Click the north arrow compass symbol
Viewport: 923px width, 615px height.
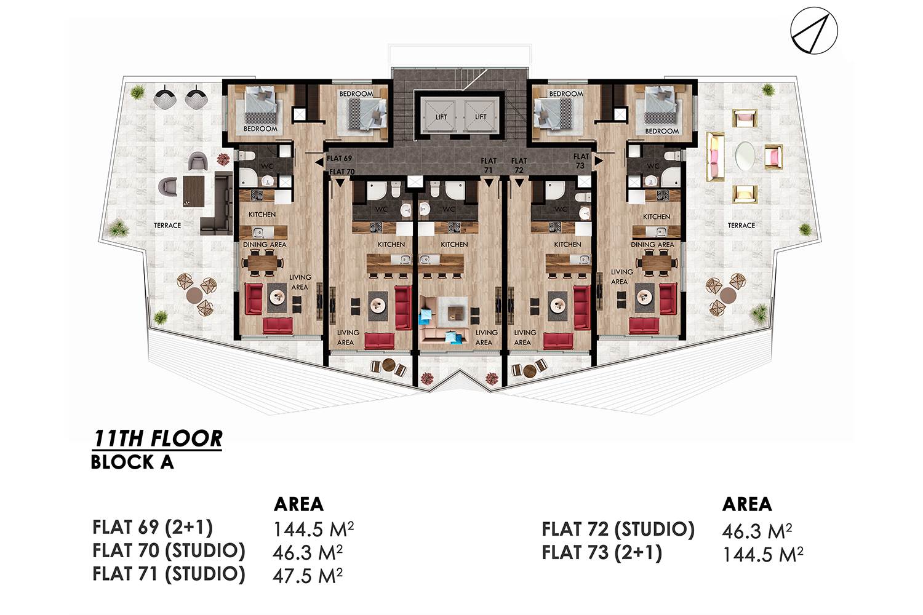(814, 31)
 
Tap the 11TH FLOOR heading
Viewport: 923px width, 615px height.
(158, 438)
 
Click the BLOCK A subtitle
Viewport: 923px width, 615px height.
(132, 462)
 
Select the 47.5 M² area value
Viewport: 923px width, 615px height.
(308, 575)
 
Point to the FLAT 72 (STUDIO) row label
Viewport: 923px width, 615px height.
(618, 530)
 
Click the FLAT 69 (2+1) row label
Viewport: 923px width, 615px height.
(153, 527)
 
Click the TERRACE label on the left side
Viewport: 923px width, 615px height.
(167, 225)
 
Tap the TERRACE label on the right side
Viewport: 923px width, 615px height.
(741, 225)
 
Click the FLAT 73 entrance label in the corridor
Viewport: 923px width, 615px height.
(581, 161)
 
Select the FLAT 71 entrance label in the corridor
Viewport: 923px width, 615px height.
(489, 165)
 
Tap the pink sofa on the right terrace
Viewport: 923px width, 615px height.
(715, 157)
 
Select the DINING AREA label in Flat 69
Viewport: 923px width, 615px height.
(265, 245)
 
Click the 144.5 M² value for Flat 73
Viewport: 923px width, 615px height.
(763, 554)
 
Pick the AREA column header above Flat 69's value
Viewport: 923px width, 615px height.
(298, 504)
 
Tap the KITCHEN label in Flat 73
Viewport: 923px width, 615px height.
(657, 216)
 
